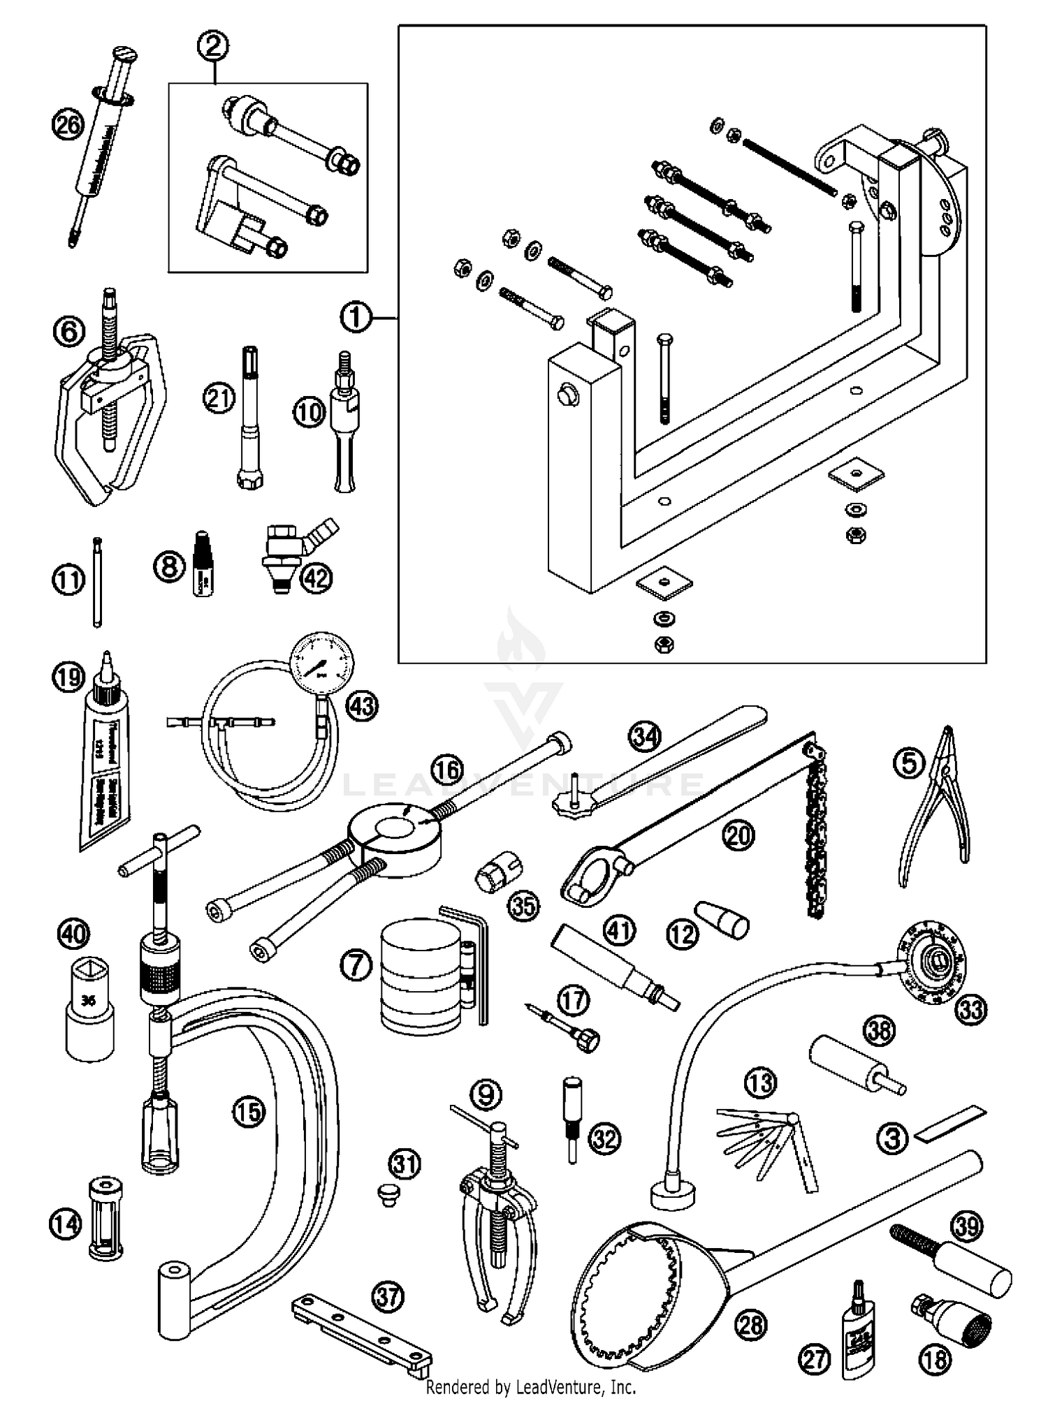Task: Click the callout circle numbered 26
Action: [x=68, y=126]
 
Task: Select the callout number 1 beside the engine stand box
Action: [x=355, y=318]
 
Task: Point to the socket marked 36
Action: [x=89, y=1005]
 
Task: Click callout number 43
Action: [x=362, y=706]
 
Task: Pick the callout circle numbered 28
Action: [x=751, y=1325]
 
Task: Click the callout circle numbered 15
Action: [x=249, y=1112]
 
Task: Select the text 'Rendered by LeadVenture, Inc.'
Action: [x=530, y=1386]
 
